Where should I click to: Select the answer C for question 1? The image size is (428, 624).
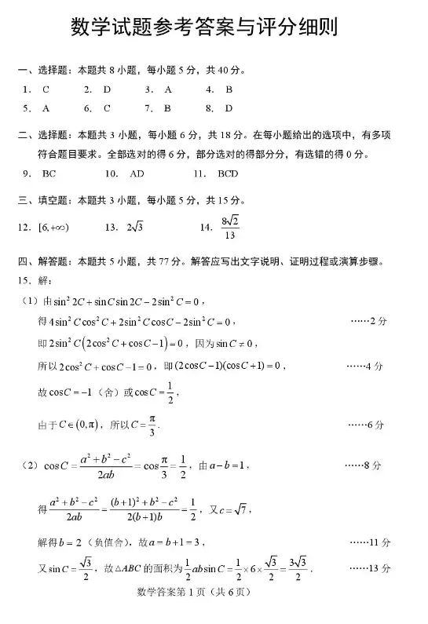[46, 89]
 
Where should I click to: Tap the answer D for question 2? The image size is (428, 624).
[108, 89]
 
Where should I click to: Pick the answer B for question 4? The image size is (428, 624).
[229, 89]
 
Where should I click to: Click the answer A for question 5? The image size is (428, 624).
[46, 108]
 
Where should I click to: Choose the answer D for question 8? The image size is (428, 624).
[229, 108]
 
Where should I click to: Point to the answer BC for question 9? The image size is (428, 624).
[49, 173]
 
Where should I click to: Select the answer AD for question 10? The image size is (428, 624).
[137, 173]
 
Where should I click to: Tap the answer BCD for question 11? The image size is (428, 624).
[228, 173]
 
